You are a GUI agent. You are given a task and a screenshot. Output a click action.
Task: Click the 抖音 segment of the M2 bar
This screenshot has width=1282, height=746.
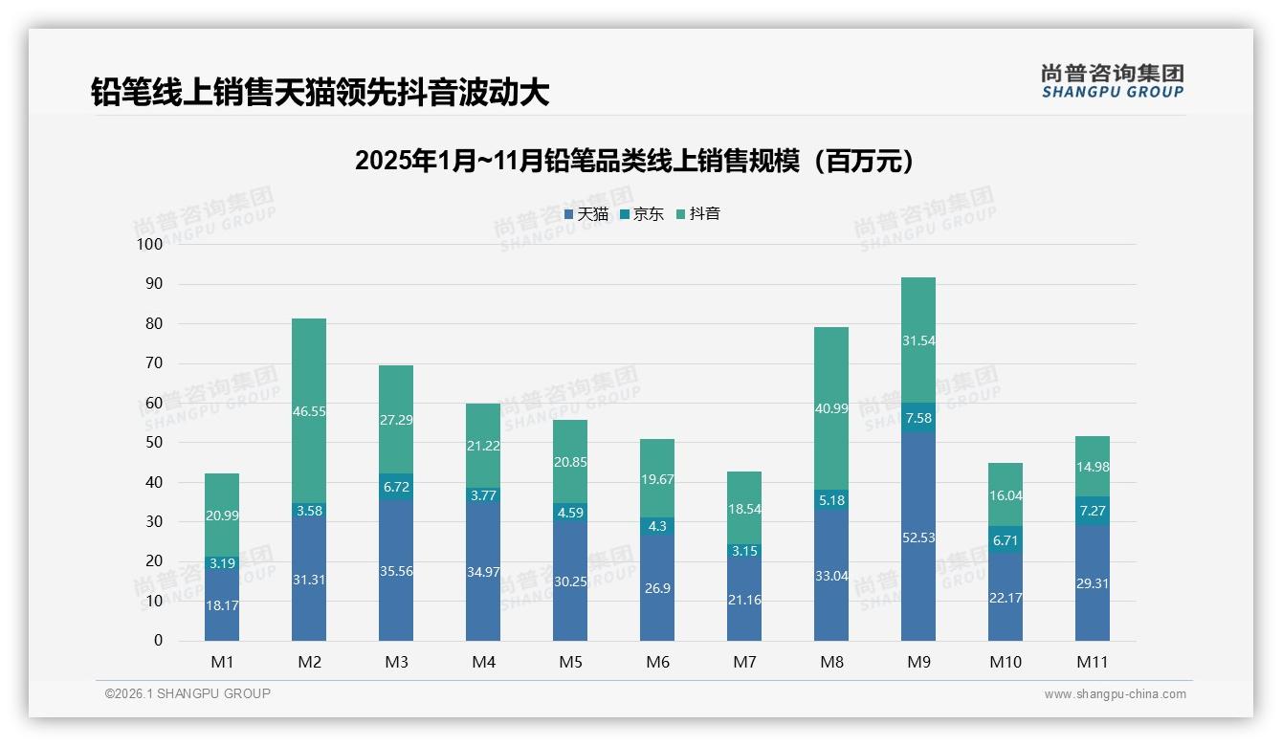coord(309,410)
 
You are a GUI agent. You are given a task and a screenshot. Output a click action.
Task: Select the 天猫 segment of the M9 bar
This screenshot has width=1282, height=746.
coord(918,537)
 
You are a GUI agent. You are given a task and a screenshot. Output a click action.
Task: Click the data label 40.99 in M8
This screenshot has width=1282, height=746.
coord(831,407)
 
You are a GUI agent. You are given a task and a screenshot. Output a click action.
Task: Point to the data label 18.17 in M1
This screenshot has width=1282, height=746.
coord(222,605)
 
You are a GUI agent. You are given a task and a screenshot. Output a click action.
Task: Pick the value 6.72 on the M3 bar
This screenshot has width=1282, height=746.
coord(396,488)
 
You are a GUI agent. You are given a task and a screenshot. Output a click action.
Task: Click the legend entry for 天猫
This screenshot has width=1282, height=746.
coord(586,214)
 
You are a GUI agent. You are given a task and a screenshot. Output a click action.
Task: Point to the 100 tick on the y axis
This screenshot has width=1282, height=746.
coord(151,244)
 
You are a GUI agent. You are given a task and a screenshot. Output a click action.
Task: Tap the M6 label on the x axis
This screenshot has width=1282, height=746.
coord(657,662)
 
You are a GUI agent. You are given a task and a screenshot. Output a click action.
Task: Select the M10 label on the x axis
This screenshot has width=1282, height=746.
coord(1006,662)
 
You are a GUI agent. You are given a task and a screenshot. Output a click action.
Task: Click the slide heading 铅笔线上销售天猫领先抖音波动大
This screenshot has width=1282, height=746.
coord(320,92)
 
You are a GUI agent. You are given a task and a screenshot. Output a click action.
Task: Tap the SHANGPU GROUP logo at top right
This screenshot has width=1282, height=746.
coord(1112,80)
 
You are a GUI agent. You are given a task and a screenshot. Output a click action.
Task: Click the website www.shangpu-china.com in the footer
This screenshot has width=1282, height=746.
coord(1115,694)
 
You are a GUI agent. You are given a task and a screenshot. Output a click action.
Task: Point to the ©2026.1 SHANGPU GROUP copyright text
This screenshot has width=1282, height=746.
coord(188,693)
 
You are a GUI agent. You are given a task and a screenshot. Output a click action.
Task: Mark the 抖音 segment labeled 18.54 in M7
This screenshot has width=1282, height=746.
coord(744,508)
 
